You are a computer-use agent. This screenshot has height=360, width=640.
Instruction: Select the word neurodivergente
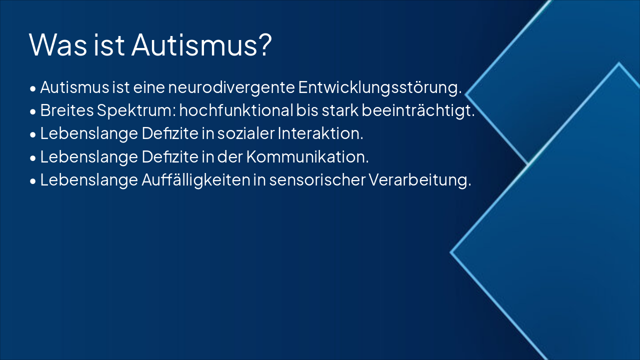pos(231,87)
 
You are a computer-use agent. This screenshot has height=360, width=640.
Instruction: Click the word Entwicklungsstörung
pos(379,87)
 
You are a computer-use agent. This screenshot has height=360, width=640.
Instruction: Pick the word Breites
pos(66,110)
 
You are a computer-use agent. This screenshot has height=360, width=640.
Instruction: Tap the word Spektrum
pos(136,111)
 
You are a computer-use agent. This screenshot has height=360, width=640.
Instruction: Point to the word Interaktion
pos(321,134)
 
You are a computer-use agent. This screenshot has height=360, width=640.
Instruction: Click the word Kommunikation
pos(307,157)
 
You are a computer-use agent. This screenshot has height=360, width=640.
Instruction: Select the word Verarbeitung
pos(420,180)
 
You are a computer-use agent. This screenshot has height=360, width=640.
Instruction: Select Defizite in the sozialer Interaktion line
pos(170,134)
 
